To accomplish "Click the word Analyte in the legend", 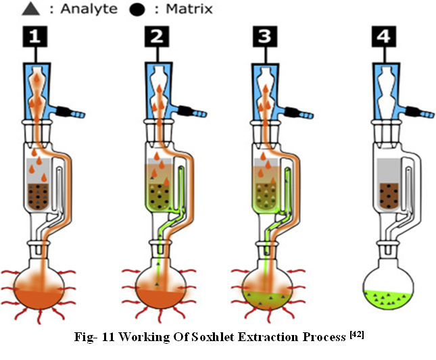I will click(x=70, y=9).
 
